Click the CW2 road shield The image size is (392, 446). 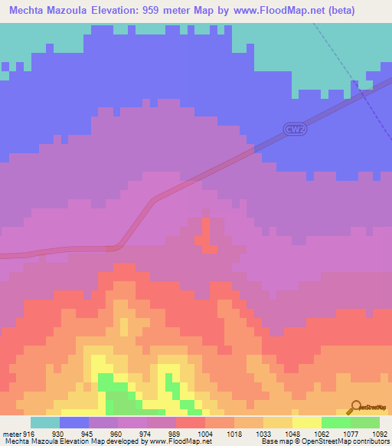coord(294,130)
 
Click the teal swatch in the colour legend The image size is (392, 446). coord(45,422)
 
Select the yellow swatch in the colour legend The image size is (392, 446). coord(307,422)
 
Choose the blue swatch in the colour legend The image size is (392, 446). coord(74,422)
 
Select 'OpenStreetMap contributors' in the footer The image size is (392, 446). coord(349,441)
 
